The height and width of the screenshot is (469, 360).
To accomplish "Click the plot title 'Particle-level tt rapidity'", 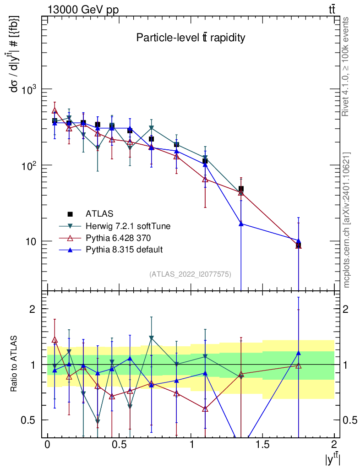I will (191, 38).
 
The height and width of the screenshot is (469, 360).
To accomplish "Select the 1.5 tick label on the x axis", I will (262, 445).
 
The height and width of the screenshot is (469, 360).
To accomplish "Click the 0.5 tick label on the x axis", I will (119, 445).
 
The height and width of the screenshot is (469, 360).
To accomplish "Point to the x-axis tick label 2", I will (334, 445).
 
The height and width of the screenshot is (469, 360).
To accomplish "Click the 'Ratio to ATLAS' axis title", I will (14, 364).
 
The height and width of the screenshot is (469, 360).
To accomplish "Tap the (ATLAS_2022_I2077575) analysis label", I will (190, 274).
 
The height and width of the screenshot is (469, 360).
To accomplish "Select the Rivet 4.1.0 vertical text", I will (347, 66).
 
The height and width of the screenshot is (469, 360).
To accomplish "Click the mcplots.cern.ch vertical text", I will (347, 220).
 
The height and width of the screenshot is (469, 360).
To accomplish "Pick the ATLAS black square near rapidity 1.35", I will (241, 189).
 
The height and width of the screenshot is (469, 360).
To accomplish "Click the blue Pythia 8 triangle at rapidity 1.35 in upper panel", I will (241, 224).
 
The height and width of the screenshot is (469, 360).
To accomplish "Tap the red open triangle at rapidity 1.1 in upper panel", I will (205, 179).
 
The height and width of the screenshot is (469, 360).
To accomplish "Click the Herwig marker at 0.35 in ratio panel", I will (98, 421).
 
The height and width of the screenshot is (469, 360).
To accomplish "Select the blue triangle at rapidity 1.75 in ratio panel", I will (298, 353).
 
